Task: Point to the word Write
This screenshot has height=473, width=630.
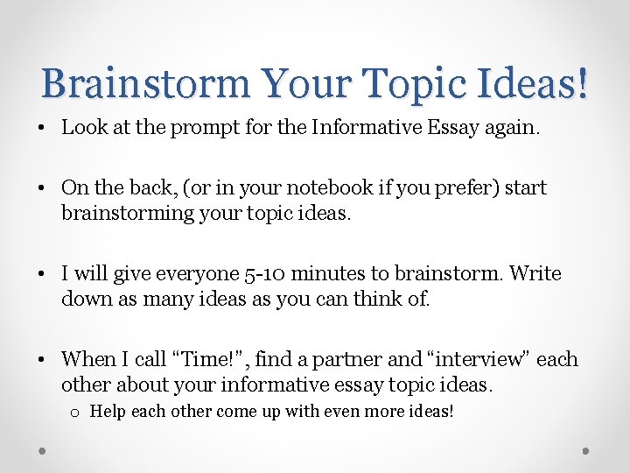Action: click(535, 273)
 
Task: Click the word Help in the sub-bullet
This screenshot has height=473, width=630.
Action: click(107, 410)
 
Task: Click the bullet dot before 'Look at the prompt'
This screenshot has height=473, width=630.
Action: click(43, 129)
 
